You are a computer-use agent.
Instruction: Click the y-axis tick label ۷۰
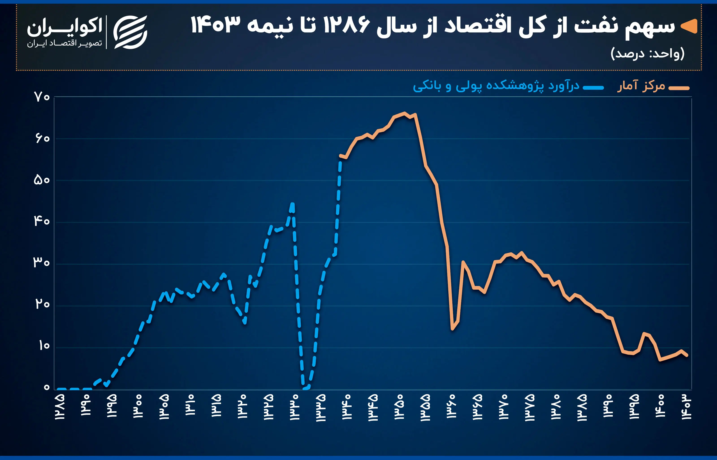(42, 97)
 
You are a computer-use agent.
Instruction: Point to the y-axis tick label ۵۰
(42, 180)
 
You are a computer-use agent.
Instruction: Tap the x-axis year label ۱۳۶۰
(451, 407)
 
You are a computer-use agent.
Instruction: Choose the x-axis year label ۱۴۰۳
(686, 407)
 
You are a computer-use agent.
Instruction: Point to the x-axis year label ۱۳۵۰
(399, 407)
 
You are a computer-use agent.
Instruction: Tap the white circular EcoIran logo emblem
(131, 32)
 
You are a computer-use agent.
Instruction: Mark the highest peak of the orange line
(404, 113)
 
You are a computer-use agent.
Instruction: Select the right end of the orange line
(687, 355)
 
